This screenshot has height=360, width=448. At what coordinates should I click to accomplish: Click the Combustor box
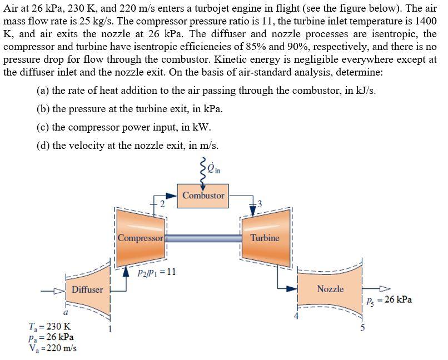pyautogui.click(x=203, y=196)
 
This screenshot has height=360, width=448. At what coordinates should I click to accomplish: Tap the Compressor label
pyautogui.click(x=141, y=238)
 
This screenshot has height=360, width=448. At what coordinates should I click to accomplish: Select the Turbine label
pyautogui.click(x=265, y=238)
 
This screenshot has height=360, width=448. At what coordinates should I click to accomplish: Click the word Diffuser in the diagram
pyautogui.click(x=87, y=289)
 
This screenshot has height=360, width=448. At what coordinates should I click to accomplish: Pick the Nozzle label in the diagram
pyautogui.click(x=330, y=289)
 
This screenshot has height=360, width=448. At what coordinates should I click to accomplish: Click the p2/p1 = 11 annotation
pyautogui.click(x=156, y=272)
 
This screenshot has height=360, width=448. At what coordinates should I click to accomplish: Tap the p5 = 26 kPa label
pyautogui.click(x=389, y=299)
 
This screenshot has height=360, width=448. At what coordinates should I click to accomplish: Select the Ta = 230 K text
pyautogui.click(x=49, y=326)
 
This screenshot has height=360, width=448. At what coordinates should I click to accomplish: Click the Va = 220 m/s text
pyautogui.click(x=52, y=348)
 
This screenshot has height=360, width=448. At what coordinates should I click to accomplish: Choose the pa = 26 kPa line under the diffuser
pyautogui.click(x=51, y=337)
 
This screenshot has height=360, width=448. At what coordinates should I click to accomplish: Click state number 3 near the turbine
pyautogui.click(x=258, y=204)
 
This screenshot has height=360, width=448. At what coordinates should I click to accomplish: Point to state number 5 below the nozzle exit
pyautogui.click(x=362, y=328)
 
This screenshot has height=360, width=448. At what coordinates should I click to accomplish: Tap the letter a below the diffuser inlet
pyautogui.click(x=65, y=312)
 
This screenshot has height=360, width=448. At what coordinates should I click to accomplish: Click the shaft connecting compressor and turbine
pyautogui.click(x=203, y=238)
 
